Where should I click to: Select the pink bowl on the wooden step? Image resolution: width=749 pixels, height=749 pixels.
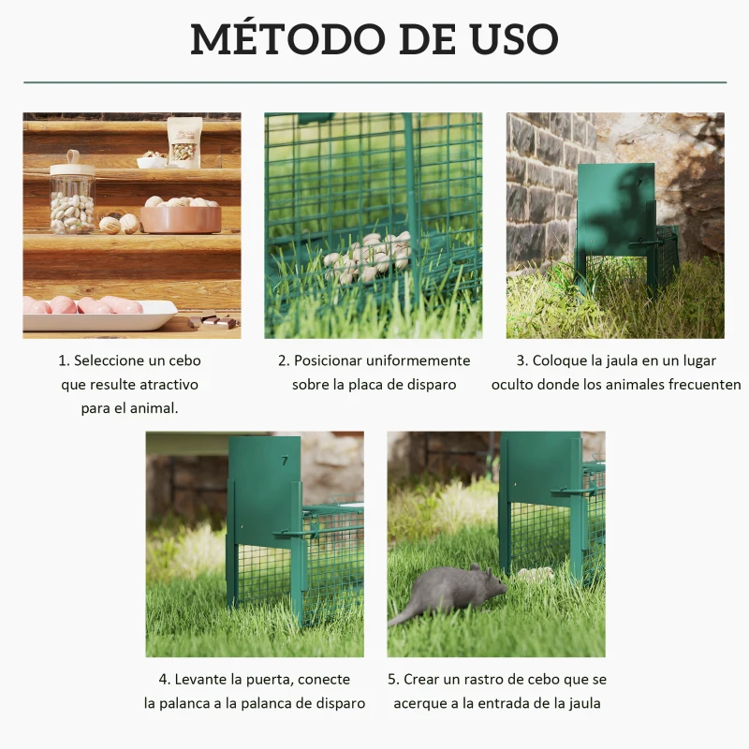(x=181, y=218)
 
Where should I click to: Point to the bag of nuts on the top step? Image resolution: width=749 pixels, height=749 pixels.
(x=184, y=141)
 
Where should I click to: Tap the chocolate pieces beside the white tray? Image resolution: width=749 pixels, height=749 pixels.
(x=213, y=321)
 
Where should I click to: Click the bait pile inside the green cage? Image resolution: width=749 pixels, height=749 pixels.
(x=371, y=257)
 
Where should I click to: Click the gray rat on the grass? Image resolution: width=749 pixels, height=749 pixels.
(x=456, y=591)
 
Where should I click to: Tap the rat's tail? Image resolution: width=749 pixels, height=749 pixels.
(x=404, y=615)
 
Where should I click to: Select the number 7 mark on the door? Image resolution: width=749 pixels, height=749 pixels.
(x=285, y=461)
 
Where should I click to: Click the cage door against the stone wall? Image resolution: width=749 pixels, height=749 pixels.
(x=615, y=211)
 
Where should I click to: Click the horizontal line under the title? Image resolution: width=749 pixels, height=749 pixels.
(x=374, y=82)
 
